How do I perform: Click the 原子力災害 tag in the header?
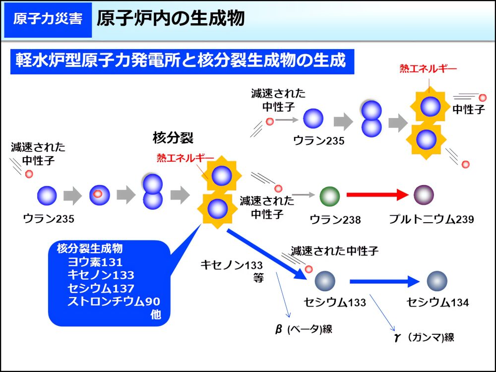48,20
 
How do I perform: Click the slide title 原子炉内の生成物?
171,18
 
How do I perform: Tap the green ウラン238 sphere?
330,196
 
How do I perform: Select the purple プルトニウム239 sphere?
424,195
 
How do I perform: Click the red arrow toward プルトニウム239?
377,194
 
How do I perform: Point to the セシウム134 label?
438,303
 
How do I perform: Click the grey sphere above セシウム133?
325,281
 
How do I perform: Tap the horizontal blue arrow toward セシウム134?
385,281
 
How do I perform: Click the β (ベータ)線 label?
304,329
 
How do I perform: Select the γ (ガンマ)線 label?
424,337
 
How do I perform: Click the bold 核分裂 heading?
173,137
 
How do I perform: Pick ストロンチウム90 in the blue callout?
114,302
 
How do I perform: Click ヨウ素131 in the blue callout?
95,262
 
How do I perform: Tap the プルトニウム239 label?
432,219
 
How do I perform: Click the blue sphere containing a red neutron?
100,195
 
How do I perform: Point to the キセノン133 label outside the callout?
232,265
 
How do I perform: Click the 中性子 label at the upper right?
469,110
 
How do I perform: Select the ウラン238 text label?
335,220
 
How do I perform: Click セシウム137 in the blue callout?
101,288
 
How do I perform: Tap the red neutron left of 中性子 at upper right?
483,97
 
